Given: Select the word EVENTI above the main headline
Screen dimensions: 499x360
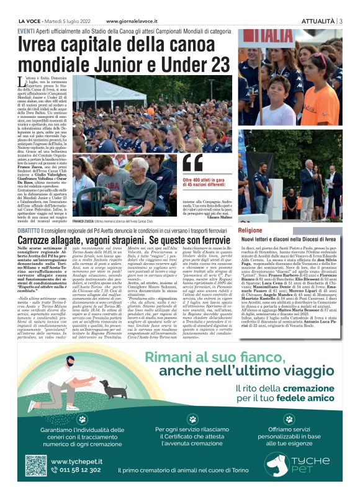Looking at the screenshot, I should (26, 31).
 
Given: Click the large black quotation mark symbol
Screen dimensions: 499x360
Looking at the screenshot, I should (193, 163).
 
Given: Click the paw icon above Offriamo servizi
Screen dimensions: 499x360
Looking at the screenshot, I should (289, 420).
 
